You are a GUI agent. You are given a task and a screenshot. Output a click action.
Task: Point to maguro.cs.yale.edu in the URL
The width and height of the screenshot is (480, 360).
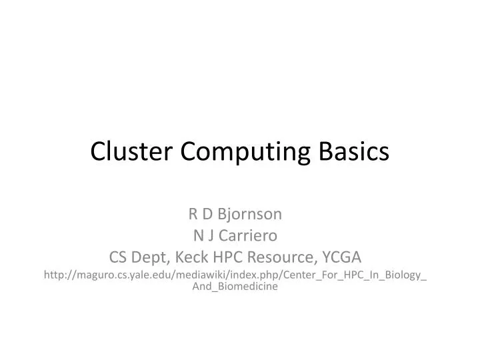tap(115, 275)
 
